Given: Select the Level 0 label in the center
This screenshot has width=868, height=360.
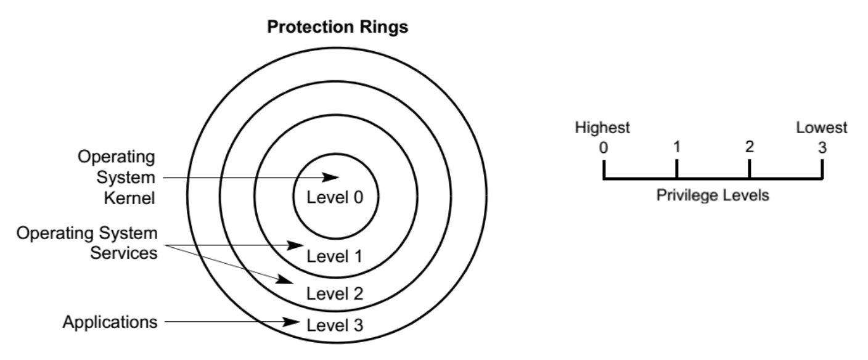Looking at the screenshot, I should (x=336, y=198).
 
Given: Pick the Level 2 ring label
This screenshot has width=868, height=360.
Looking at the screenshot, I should (x=335, y=292).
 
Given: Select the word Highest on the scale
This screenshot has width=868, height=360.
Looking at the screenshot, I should (x=602, y=128).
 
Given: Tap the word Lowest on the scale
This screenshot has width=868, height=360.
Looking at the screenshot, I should (x=822, y=128).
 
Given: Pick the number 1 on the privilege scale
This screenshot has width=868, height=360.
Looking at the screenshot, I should (x=677, y=147).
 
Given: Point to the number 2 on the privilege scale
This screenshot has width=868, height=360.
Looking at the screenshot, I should (x=749, y=147).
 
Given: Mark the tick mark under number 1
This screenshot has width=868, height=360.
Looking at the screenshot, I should (x=677, y=169).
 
